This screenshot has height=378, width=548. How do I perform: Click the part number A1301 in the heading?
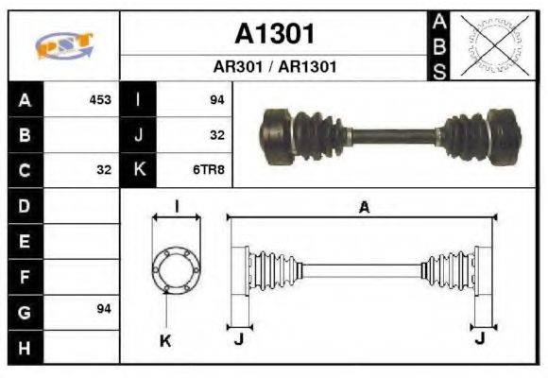tap(274, 34)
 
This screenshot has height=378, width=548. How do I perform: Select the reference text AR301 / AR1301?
tap(274, 68)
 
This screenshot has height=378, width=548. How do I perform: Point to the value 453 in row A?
tap(99, 99)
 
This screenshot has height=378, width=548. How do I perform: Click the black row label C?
tap(25, 170)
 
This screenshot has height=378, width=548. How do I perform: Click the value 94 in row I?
tap(216, 99)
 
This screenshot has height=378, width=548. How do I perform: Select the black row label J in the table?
tap(139, 135)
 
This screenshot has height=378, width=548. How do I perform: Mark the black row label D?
tap(25, 205)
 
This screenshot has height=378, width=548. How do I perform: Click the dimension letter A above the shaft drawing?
tap(363, 208)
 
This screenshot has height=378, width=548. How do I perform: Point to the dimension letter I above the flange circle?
tap(176, 206)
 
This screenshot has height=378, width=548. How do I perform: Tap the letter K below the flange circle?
tap(164, 340)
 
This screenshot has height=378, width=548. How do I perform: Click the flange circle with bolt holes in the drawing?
tap(176, 270)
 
